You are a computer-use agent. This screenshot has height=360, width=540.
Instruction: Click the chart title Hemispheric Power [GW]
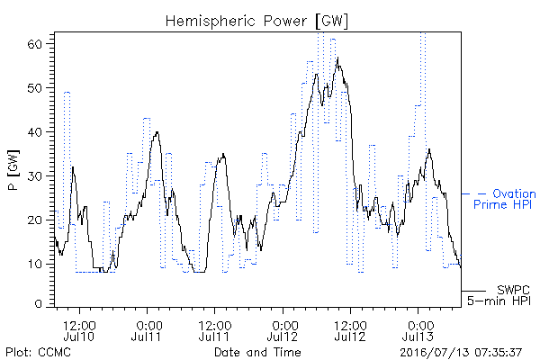(x=256, y=22)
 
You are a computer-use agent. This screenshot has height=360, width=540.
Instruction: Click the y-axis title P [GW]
(x=13, y=170)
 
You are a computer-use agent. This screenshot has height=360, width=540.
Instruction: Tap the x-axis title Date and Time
(x=257, y=352)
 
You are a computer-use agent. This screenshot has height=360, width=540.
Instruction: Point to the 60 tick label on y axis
(x=34, y=44)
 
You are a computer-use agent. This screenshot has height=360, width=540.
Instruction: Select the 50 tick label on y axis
(x=34, y=88)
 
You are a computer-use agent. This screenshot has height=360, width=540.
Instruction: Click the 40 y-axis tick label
(x=34, y=132)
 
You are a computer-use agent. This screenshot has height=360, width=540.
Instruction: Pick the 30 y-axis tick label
(x=34, y=176)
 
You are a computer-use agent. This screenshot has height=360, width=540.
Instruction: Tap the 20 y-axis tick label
(x=34, y=220)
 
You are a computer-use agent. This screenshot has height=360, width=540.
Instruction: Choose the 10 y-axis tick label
(x=34, y=265)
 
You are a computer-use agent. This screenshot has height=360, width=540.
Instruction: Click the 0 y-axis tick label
(x=38, y=304)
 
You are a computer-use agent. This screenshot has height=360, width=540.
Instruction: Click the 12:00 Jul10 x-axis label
(x=79, y=330)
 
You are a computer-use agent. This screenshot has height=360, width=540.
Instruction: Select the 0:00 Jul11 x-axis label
(x=147, y=330)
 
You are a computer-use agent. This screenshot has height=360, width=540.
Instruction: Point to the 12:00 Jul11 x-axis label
(x=214, y=330)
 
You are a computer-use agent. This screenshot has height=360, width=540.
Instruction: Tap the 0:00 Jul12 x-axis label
(x=283, y=330)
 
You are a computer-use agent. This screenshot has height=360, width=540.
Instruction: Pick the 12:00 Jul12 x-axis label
(x=350, y=330)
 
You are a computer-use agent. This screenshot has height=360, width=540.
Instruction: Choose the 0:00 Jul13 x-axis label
(x=418, y=330)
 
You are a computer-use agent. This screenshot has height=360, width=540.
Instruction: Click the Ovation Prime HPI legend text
(x=505, y=199)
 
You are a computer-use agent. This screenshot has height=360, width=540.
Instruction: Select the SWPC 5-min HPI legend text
(x=499, y=295)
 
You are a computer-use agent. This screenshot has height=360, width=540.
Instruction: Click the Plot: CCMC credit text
(x=38, y=352)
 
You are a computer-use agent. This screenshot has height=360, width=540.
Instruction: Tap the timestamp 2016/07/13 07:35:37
(x=461, y=352)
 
